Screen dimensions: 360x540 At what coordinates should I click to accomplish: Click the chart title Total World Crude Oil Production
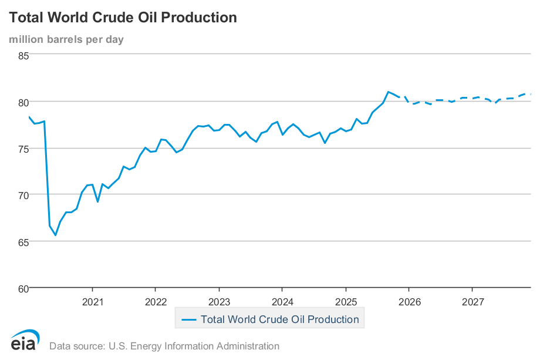123,18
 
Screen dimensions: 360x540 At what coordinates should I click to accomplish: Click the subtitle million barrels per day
66,39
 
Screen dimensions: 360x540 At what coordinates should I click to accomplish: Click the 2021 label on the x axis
92,302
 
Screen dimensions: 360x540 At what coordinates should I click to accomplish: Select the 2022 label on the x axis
155,302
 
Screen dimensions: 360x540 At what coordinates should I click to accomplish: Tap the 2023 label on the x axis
219,302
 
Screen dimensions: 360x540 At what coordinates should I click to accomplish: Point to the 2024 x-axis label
282,302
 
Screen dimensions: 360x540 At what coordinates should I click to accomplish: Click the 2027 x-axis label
473,302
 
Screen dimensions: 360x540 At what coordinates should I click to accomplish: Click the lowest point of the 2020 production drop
56,235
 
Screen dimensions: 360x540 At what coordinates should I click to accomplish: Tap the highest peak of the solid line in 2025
388,92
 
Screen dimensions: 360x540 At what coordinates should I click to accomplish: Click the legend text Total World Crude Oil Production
279,319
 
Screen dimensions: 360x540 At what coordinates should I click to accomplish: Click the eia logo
25,340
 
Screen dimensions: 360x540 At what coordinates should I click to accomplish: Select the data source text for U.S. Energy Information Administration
164,346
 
